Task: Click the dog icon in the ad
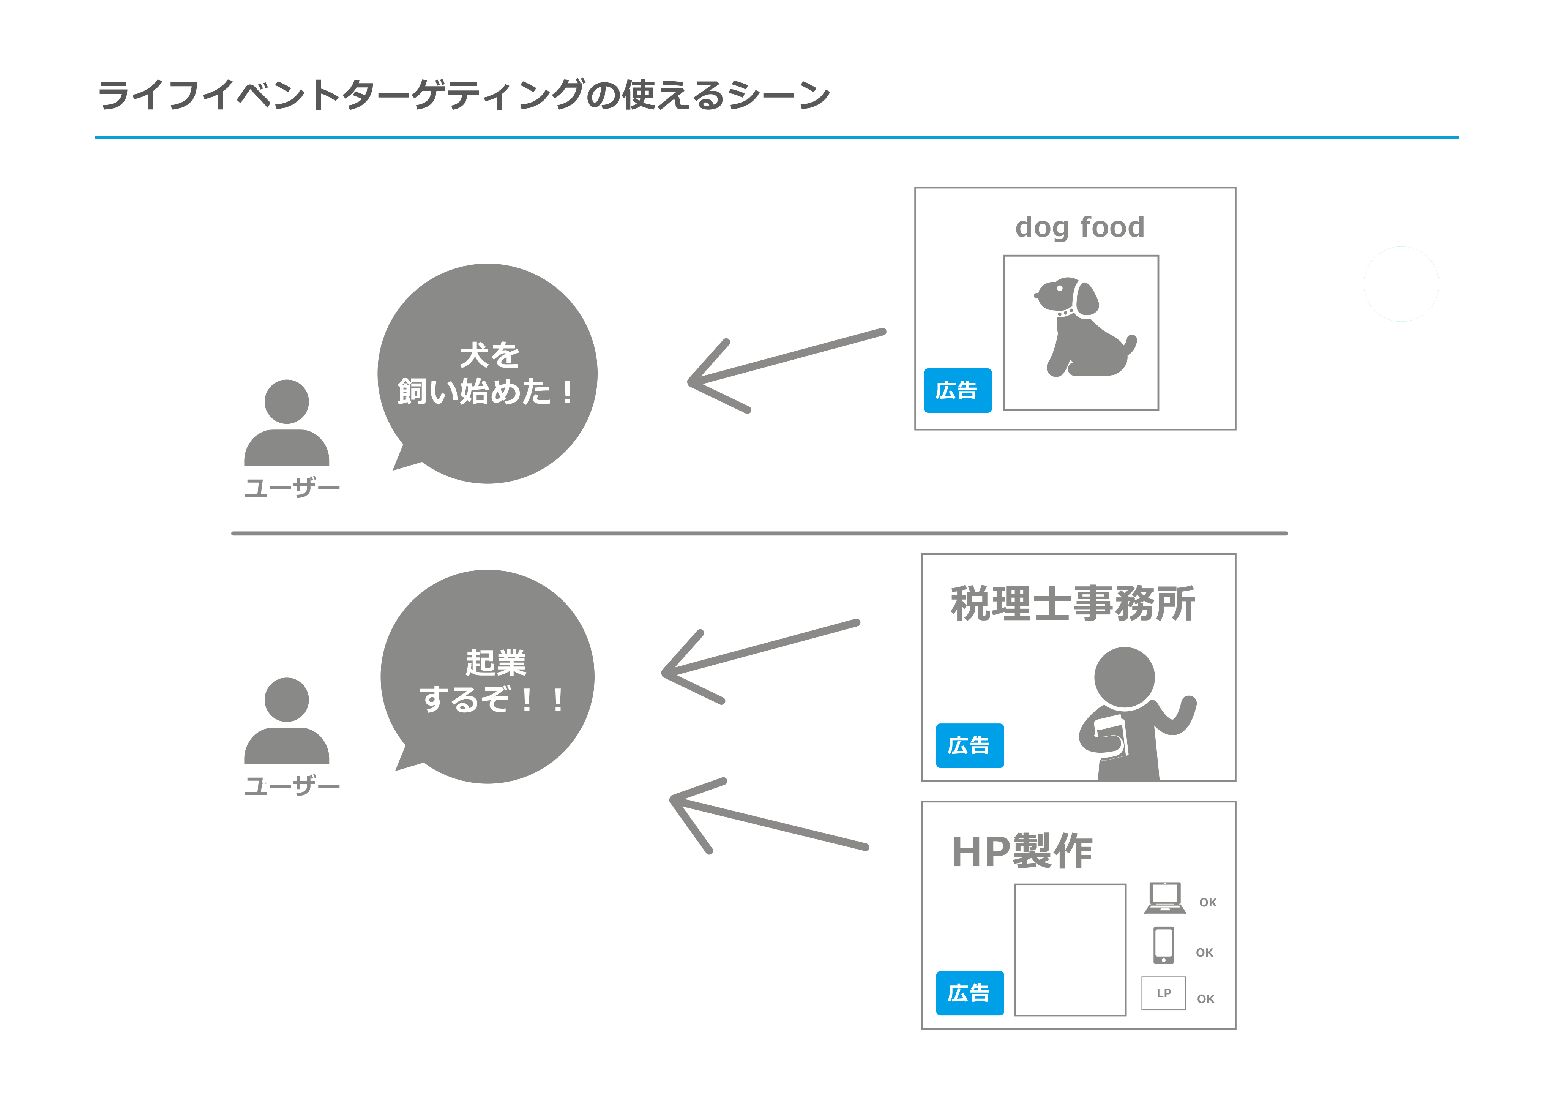pos(1083,328)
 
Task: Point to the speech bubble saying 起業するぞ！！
pos(487,677)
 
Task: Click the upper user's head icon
pos(286,401)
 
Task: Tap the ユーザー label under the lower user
pos(292,786)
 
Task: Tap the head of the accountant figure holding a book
pos(1124,677)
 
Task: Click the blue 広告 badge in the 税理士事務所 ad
pos(969,745)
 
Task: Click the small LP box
pos(1163,993)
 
